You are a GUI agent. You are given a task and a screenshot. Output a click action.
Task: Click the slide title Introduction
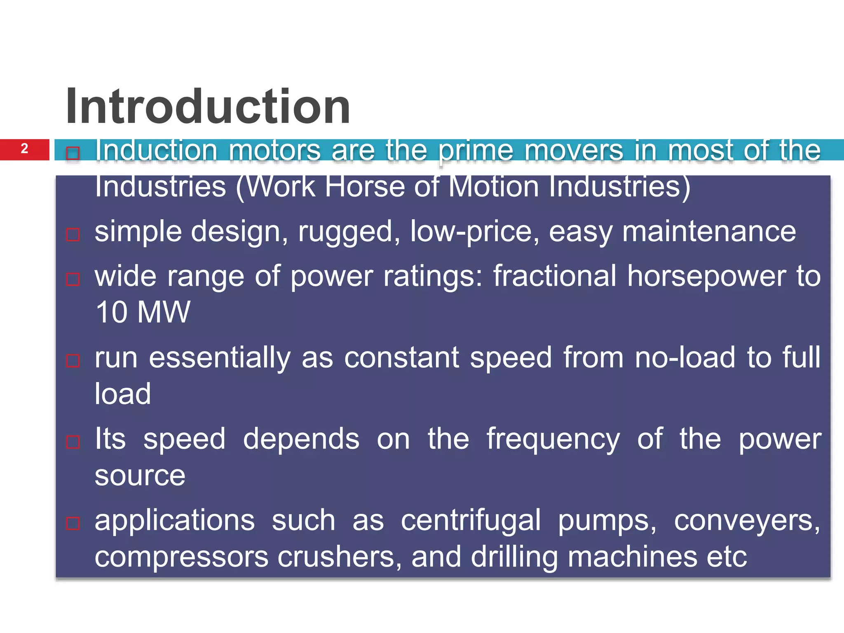(x=208, y=106)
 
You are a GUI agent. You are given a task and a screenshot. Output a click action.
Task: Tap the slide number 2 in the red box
(x=24, y=149)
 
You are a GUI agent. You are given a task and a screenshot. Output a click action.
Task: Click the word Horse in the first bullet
(x=365, y=187)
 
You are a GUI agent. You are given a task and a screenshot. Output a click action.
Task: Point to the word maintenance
(x=709, y=231)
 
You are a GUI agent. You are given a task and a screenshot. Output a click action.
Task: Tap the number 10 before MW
(x=111, y=312)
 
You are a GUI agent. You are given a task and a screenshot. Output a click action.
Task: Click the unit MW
(x=164, y=312)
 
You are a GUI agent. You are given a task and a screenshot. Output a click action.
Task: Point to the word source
(x=140, y=476)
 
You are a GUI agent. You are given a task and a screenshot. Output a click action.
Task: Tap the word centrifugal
(x=471, y=521)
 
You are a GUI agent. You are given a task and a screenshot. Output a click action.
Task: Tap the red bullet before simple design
(x=73, y=235)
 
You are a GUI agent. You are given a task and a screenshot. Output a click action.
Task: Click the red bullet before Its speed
(x=73, y=442)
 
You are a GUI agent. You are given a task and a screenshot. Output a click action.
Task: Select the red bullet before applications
(x=73, y=523)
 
